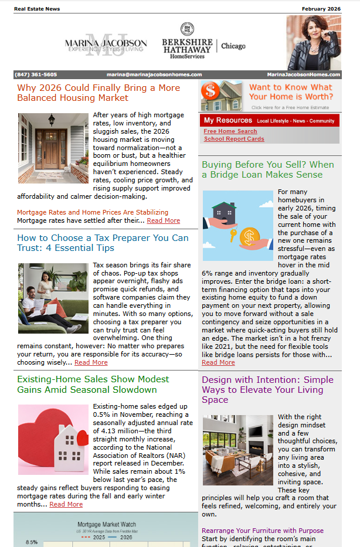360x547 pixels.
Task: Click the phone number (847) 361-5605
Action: (36, 74)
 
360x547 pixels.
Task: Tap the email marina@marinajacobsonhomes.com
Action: (154, 74)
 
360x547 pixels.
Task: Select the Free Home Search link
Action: (230, 131)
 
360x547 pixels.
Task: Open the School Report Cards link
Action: (234, 139)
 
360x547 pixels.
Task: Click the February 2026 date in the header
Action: (321, 9)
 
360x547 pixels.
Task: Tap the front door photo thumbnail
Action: (53, 148)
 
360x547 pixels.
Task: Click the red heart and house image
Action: (53, 439)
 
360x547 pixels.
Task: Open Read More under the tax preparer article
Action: (91, 362)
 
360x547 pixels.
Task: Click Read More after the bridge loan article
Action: (218, 362)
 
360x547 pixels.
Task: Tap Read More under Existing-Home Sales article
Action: (66, 504)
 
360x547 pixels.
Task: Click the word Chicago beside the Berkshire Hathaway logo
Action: (233, 46)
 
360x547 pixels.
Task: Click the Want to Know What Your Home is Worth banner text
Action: (290, 92)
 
